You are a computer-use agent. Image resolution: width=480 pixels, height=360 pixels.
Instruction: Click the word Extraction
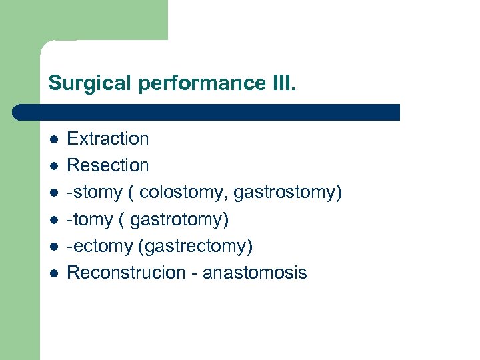click(108, 139)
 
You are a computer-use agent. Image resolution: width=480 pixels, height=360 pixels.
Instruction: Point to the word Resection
click(108, 165)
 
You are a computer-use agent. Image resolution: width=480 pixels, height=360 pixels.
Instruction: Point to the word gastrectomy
click(195, 246)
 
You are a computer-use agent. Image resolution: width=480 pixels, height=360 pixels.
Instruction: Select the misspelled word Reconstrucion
click(126, 273)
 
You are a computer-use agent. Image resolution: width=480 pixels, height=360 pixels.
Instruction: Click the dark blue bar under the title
click(207, 112)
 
